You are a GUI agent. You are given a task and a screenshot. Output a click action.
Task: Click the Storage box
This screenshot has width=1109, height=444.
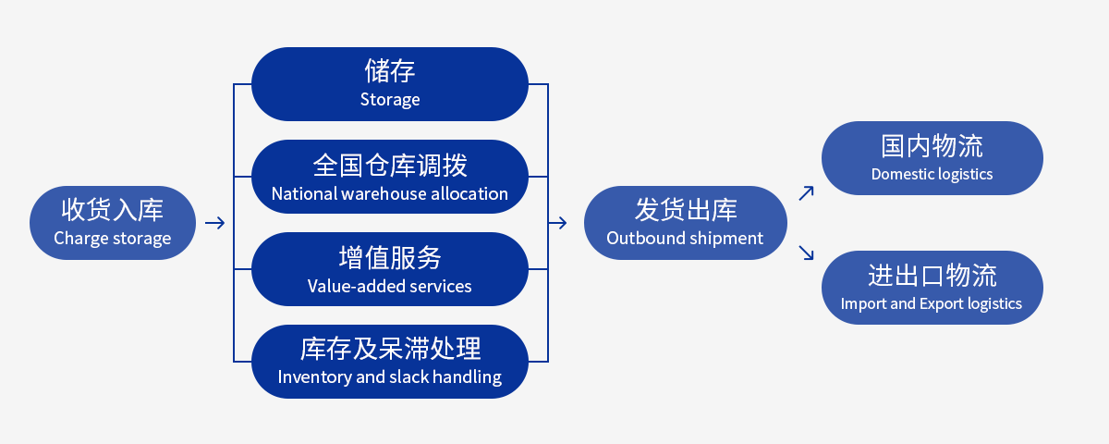tap(390, 84)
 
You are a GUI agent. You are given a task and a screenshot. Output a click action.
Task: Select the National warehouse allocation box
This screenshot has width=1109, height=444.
tap(390, 177)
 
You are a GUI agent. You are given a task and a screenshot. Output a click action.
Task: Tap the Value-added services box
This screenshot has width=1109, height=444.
tap(390, 269)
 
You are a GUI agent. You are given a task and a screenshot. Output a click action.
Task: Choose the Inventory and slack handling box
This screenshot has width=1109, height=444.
tap(390, 362)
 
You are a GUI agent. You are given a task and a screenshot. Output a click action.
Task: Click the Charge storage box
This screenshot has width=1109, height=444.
tap(113, 223)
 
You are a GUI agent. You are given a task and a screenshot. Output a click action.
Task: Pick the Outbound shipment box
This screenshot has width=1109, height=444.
tap(685, 223)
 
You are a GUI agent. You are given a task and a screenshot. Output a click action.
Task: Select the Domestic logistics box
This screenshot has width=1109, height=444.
tap(932, 158)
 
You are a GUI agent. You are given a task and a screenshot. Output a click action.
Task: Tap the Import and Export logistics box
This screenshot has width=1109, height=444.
tap(932, 288)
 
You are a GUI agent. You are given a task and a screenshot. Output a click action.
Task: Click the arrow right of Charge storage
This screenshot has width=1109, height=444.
tap(214, 223)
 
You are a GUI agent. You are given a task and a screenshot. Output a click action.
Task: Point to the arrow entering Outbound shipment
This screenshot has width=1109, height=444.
tap(557, 223)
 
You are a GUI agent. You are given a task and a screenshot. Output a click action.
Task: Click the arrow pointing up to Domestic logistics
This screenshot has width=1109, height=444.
tap(807, 193)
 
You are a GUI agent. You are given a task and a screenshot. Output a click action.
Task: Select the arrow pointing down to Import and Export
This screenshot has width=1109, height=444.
tap(807, 253)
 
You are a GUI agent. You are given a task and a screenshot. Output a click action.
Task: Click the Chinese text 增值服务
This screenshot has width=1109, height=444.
tap(390, 258)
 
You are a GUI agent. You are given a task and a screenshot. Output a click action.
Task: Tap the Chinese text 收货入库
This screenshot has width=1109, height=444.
tap(113, 210)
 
